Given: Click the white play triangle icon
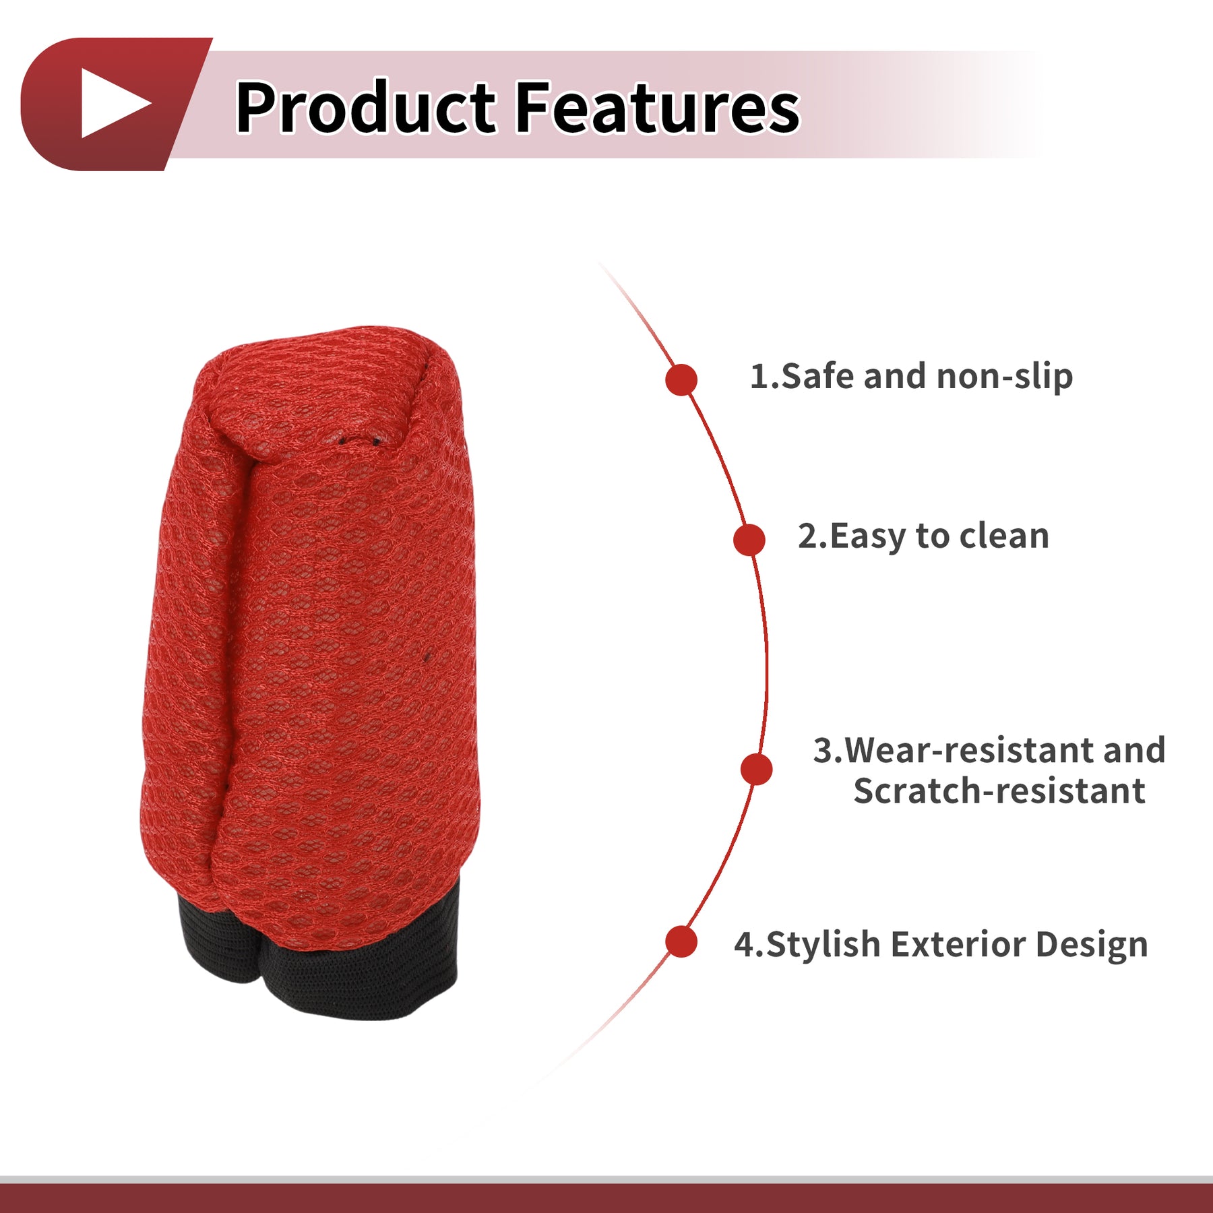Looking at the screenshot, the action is point(113,103).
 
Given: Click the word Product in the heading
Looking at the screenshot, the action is point(366,106).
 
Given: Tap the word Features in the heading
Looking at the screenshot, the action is point(658,106).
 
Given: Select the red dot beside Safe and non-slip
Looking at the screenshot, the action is point(681,379).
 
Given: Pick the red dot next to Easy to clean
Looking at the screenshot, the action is point(749,540).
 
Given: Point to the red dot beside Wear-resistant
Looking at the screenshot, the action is point(756,769).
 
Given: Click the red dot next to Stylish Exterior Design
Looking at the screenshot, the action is point(681,941).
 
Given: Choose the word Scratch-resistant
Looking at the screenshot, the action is point(999,791).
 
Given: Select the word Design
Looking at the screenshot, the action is point(1092,945).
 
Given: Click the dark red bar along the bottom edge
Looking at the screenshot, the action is point(606,1198).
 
